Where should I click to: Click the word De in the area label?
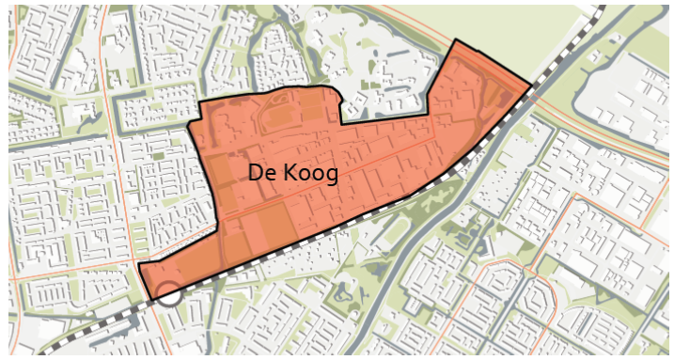[x=262, y=173]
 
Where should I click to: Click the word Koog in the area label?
[x=309, y=175]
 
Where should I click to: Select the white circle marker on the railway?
[x=167, y=293]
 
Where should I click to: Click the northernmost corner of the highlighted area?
[x=455, y=40]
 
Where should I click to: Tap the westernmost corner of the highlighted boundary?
[x=139, y=265]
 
